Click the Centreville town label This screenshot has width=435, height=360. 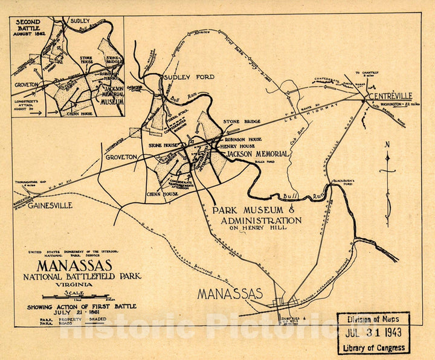pyautogui.click(x=387, y=95)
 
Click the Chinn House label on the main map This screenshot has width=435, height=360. pyautogui.click(x=161, y=194)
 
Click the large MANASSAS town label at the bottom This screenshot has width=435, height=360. pyautogui.click(x=231, y=294)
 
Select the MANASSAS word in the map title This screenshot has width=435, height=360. pyautogui.click(x=74, y=265)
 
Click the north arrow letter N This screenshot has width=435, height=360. pyautogui.click(x=387, y=144)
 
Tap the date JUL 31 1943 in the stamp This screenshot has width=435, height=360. pyautogui.click(x=373, y=333)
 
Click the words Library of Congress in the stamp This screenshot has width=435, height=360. pyautogui.click(x=373, y=347)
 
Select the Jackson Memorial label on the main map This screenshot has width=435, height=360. pyautogui.click(x=257, y=155)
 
